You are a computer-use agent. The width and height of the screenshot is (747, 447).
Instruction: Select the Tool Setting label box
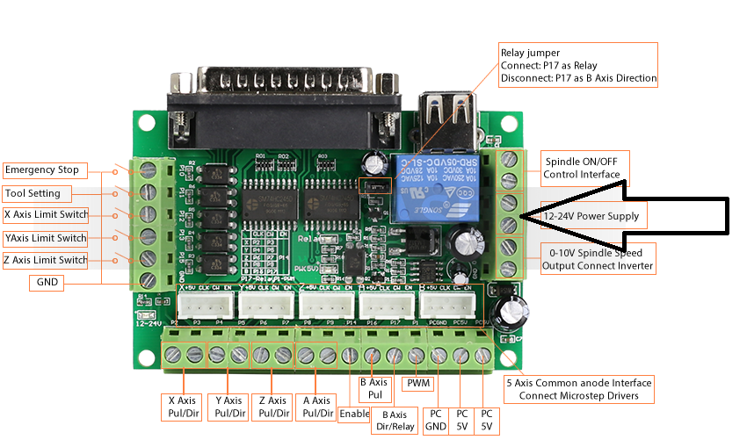34,193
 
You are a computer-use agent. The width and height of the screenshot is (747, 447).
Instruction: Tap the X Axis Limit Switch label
46,214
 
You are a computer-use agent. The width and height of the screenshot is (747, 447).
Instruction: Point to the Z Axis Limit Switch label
46,260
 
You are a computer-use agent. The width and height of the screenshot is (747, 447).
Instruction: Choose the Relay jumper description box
577,65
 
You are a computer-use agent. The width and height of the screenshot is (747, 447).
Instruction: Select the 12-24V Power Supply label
591,216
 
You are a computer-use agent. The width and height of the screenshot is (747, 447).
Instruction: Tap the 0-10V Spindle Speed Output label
597,259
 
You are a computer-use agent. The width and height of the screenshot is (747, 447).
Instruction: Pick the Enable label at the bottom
353,413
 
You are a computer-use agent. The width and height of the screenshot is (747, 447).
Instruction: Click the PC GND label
436,420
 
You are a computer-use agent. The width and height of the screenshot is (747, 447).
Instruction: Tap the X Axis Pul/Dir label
183,407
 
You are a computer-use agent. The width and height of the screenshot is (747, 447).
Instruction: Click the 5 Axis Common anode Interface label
578,389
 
